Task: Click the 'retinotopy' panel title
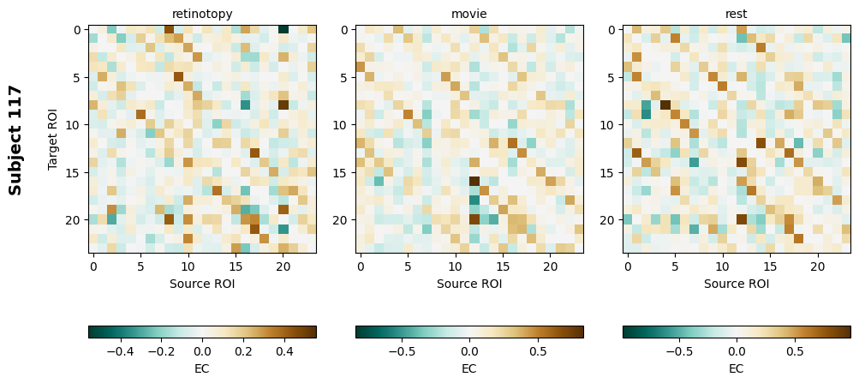202,14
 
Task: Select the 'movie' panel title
469,14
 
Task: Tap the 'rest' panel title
737,14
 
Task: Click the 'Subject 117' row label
15,140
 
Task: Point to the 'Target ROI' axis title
53,140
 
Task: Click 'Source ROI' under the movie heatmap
469,284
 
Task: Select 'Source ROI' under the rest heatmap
737,284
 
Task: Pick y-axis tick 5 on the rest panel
613,77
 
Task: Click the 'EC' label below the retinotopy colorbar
202,368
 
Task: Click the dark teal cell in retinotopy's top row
283,30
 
